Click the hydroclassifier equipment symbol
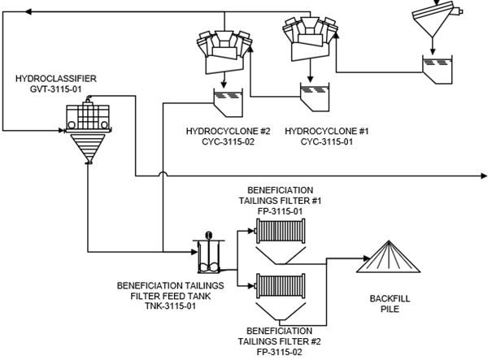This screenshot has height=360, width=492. click(x=86, y=130)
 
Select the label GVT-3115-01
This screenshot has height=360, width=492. click(x=54, y=91)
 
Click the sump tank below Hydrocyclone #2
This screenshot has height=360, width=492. click(x=225, y=100)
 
